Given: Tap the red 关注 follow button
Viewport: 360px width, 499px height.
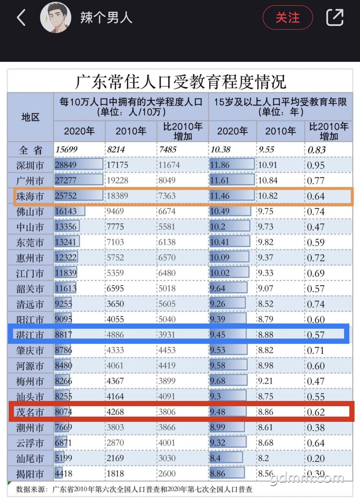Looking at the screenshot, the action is [x=288, y=17].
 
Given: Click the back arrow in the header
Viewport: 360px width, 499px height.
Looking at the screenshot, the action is [x=21, y=17].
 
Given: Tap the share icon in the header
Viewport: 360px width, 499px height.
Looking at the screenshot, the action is [x=335, y=17].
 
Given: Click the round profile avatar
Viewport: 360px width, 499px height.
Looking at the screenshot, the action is [x=55, y=17].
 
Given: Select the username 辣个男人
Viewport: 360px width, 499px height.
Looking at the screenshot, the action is [x=106, y=18].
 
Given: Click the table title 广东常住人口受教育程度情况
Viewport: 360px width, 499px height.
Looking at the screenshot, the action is [x=181, y=82].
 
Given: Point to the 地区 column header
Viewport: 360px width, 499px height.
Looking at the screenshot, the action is [x=31, y=117].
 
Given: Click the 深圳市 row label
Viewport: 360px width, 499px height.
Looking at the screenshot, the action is [x=30, y=165].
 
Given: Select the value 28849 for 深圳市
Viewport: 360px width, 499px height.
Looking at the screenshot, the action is [x=66, y=165].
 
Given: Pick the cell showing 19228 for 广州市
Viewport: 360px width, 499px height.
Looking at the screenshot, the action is [x=117, y=180].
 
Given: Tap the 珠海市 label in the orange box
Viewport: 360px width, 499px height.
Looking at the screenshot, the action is [x=30, y=196].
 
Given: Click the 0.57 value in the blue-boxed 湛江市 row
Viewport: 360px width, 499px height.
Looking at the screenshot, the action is [x=316, y=335].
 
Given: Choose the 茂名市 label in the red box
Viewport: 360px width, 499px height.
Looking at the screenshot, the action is [x=30, y=412].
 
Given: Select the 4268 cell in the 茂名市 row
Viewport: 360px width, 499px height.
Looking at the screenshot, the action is [x=115, y=412].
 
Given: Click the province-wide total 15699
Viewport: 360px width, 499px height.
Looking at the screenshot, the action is [x=66, y=149].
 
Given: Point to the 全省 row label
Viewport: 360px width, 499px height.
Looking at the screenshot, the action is [x=31, y=150].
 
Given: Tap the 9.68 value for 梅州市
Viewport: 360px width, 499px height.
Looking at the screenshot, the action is [x=218, y=381].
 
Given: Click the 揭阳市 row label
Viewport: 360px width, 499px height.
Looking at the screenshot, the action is [x=30, y=474].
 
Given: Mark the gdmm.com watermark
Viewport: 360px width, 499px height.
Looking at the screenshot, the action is [x=307, y=479].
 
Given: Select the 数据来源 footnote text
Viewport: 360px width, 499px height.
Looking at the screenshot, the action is [x=134, y=489].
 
